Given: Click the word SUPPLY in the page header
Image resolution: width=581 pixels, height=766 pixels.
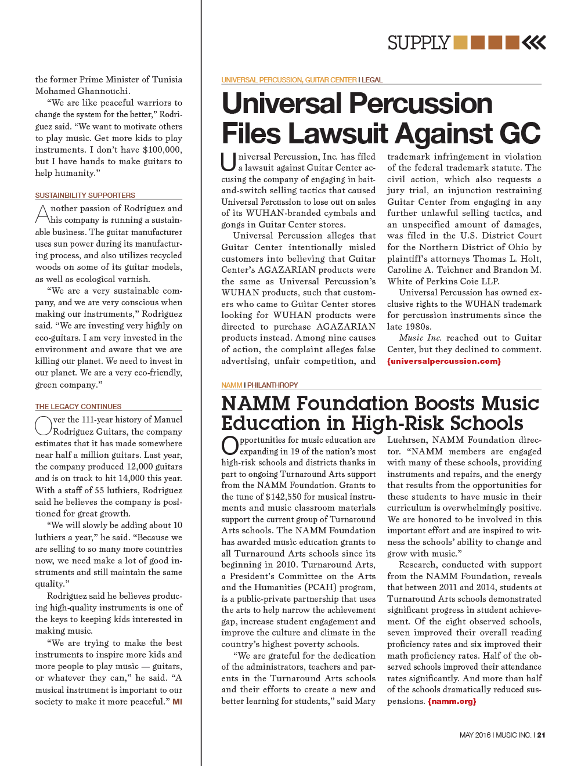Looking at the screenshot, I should [418, 43].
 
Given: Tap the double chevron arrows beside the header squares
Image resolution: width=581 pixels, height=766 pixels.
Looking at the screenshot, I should [534, 42].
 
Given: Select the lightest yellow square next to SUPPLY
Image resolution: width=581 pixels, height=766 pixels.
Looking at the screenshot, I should [460, 42].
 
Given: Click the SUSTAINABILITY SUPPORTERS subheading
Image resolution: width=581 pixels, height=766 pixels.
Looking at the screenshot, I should [85, 196].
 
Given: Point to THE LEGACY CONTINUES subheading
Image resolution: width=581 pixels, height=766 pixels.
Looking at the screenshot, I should [78, 407].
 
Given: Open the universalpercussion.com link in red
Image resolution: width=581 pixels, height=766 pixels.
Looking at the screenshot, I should [444, 361].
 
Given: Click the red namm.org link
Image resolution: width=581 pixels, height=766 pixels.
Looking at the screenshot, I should [452, 701].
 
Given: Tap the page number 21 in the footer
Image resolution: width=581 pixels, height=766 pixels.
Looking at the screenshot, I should [541, 735].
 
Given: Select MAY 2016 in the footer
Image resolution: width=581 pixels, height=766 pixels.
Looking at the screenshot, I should [475, 735].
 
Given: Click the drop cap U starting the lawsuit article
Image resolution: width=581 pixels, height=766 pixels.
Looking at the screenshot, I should [229, 162].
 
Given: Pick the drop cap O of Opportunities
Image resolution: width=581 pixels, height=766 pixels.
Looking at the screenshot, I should [230, 446].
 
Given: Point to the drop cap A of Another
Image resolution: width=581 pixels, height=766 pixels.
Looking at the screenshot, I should [43, 214].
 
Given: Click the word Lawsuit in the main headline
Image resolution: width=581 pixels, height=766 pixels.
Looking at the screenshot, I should [338, 133].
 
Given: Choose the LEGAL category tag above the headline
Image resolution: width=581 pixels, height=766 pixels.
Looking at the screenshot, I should [372, 80].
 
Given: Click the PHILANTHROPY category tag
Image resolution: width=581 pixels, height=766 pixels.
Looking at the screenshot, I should [272, 385].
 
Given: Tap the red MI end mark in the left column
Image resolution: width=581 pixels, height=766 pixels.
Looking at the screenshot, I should [178, 702].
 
